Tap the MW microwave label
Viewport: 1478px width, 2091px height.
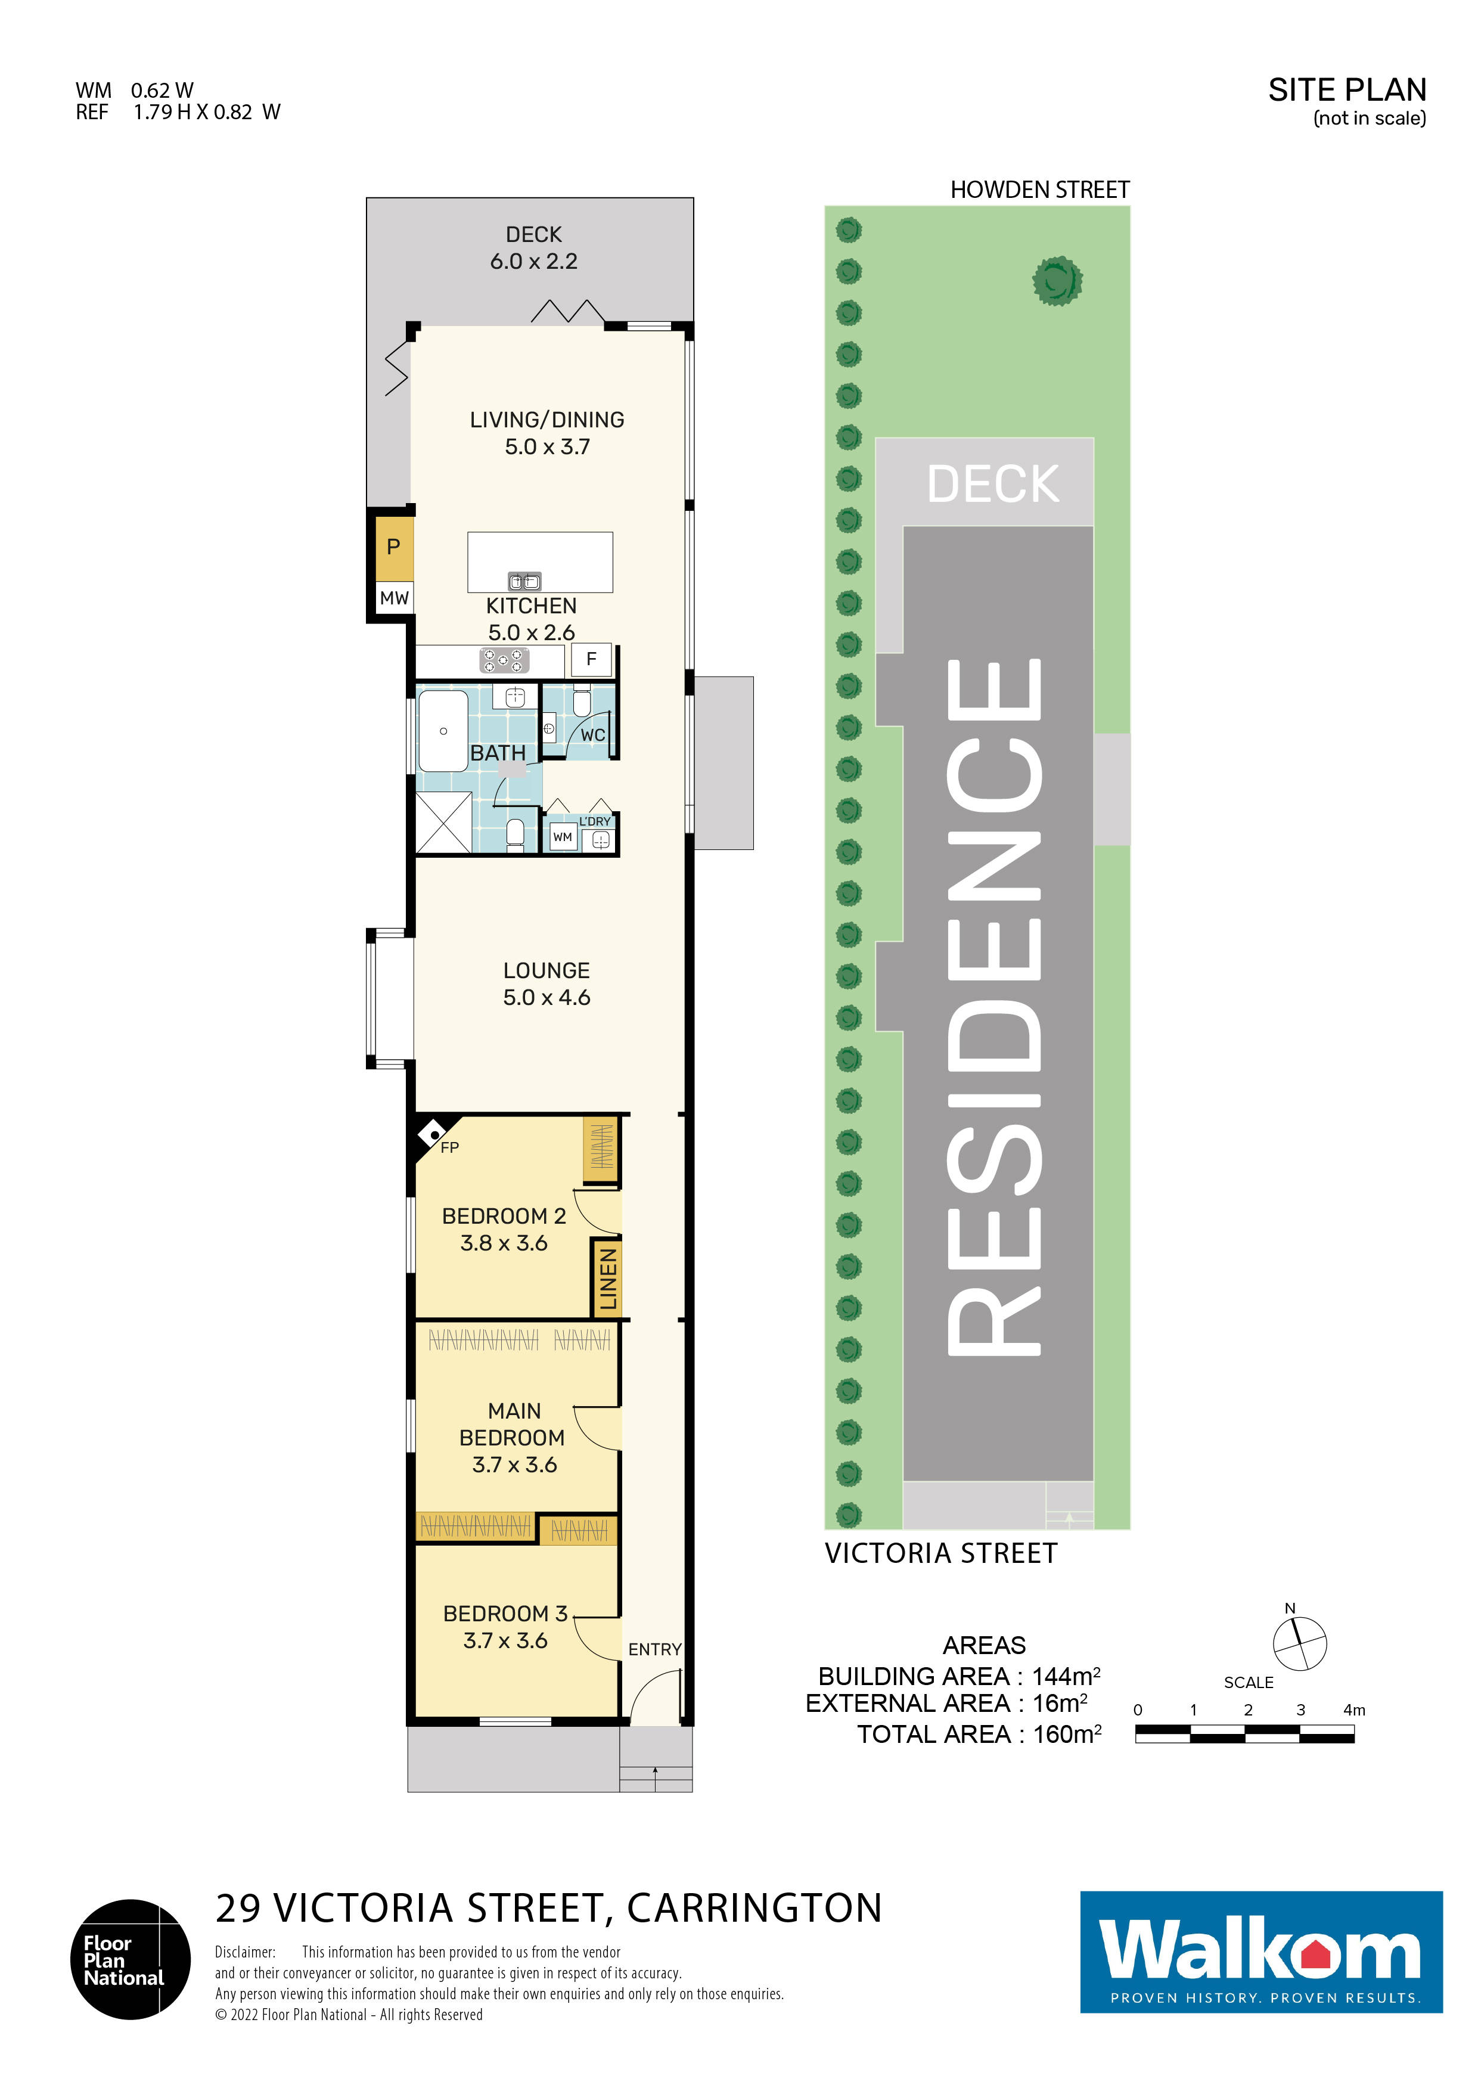point(395,598)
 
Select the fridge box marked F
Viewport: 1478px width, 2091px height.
point(591,659)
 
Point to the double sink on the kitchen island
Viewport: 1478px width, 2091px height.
point(524,581)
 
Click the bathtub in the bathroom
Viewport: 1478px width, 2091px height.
point(443,730)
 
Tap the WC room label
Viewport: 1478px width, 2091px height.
point(593,735)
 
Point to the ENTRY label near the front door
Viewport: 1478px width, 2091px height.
point(655,1649)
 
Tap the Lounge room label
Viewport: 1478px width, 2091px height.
point(547,971)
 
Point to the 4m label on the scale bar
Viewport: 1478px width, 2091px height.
point(1354,1710)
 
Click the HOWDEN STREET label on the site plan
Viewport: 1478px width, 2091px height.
point(1040,190)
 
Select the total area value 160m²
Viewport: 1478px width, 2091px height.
point(1067,1735)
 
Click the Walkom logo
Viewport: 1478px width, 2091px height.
point(1261,1953)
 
